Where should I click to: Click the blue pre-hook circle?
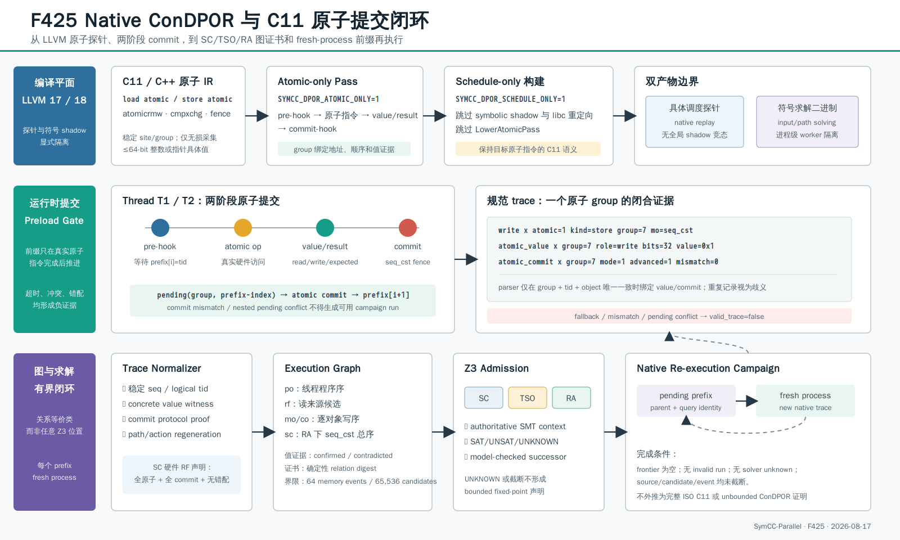[160, 228]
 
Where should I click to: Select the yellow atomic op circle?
[242, 228]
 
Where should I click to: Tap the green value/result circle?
[325, 228]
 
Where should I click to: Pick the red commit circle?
[407, 228]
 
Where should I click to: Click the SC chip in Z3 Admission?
[484, 398]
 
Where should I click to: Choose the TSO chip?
[528, 398]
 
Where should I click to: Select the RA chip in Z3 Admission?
[571, 398]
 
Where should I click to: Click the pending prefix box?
[686, 400]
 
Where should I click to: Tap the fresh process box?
[805, 400]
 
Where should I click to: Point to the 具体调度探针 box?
[695, 121]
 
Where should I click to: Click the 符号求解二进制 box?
[807, 121]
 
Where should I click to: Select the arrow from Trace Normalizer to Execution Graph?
[264, 432]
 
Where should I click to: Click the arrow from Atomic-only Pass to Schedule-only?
[434, 116]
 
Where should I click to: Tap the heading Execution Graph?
[322, 368]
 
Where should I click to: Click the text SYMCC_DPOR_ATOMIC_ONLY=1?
[328, 99]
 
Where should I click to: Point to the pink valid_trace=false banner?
[669, 316]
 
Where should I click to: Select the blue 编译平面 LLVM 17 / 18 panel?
[55, 116]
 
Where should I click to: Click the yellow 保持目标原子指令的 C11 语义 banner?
[528, 149]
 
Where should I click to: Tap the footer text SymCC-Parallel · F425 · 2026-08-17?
[812, 526]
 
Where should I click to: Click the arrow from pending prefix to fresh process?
[746, 400]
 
